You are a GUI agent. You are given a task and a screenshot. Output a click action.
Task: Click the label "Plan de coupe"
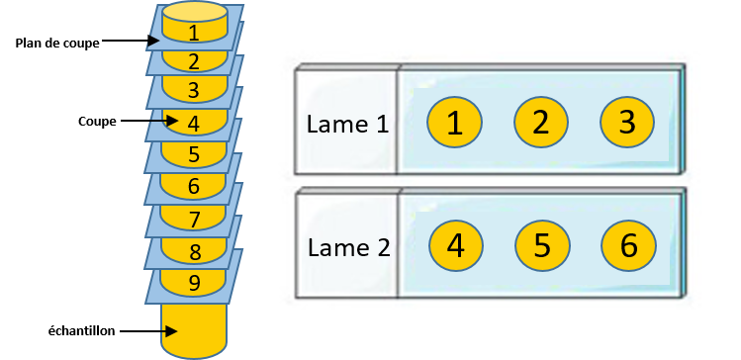point(57,44)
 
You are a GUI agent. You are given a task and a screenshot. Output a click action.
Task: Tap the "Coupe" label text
point(97,122)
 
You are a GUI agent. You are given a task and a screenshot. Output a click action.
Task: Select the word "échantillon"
point(82,331)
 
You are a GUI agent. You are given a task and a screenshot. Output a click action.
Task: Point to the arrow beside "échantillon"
point(148,331)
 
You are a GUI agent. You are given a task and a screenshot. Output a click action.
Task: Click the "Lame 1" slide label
point(348,125)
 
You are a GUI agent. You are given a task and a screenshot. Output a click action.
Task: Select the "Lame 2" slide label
point(349,248)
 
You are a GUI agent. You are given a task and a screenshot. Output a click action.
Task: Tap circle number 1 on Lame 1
point(455,123)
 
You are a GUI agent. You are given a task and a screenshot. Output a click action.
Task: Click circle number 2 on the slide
point(541,122)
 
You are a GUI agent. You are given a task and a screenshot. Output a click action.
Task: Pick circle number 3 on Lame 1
point(627,122)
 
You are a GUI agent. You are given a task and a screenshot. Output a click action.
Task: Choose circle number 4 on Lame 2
point(455,246)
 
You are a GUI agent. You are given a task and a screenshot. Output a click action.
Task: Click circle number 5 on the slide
point(542,246)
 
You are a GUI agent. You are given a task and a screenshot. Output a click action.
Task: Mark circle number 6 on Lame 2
point(628,246)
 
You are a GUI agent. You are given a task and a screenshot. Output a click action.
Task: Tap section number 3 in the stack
point(193,90)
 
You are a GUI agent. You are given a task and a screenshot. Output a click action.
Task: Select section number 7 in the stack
point(194,219)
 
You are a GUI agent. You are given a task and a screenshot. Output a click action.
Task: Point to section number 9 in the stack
point(194,283)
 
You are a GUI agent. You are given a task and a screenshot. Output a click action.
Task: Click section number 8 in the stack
point(194,251)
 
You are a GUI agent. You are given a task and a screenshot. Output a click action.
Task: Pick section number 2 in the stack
point(194,61)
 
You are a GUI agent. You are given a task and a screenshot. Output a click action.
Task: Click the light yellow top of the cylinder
point(194,11)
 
